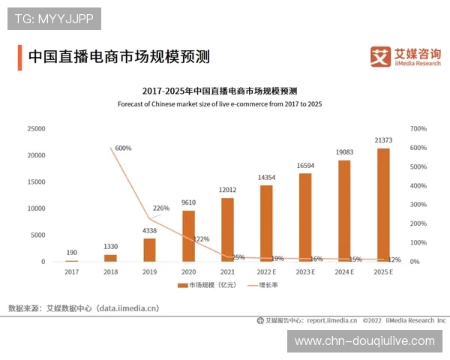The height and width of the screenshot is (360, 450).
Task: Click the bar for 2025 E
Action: coord(383,205)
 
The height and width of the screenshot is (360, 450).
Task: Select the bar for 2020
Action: coord(188,235)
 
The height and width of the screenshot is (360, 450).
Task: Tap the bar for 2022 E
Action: coord(266,223)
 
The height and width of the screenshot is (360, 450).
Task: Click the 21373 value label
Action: coord(383,139)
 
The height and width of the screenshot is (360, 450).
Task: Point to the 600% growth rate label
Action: coord(122,148)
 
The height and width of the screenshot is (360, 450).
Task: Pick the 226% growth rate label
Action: coord(161,208)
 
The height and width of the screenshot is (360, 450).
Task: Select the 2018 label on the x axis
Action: coord(110,271)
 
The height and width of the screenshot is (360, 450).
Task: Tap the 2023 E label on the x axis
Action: coord(305,271)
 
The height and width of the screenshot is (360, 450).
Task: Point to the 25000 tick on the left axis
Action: coord(35,129)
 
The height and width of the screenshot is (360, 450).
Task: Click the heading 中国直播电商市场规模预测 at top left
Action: coord(118,56)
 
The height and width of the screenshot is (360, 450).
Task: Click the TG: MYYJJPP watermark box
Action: coord(54,18)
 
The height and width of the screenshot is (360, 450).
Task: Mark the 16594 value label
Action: coord(305,165)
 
